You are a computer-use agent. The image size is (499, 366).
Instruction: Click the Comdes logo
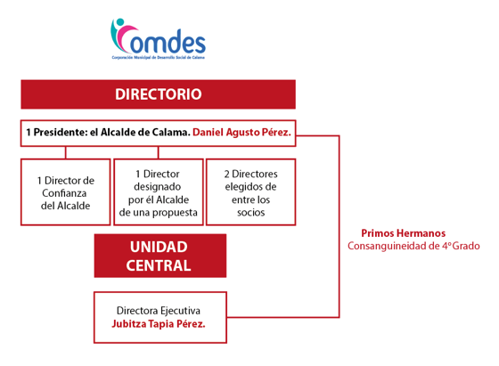[158, 39]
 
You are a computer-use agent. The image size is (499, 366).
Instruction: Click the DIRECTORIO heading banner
[159, 94]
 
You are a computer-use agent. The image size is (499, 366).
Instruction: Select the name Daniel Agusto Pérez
[241, 133]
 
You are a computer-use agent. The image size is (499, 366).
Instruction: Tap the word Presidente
[61, 133]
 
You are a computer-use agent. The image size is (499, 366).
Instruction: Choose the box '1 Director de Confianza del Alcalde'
[66, 192]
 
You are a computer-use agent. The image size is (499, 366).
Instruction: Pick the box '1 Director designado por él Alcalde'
[159, 192]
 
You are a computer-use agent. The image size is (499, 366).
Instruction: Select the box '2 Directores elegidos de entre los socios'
[250, 192]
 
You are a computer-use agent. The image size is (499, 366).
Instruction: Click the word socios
[250, 213]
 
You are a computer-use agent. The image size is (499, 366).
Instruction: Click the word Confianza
[64, 193]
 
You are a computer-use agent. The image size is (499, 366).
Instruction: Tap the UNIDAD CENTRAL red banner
[160, 256]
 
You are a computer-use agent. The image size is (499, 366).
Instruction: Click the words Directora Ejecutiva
[159, 311]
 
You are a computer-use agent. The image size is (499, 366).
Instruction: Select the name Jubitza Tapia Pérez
[159, 324]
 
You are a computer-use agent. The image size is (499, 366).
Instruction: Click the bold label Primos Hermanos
[403, 233]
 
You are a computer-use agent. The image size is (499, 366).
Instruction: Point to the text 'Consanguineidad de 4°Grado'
[413, 246]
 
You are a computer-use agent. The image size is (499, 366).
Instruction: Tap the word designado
[157, 187]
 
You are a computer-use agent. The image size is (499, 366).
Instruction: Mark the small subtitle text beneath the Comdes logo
[159, 58]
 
